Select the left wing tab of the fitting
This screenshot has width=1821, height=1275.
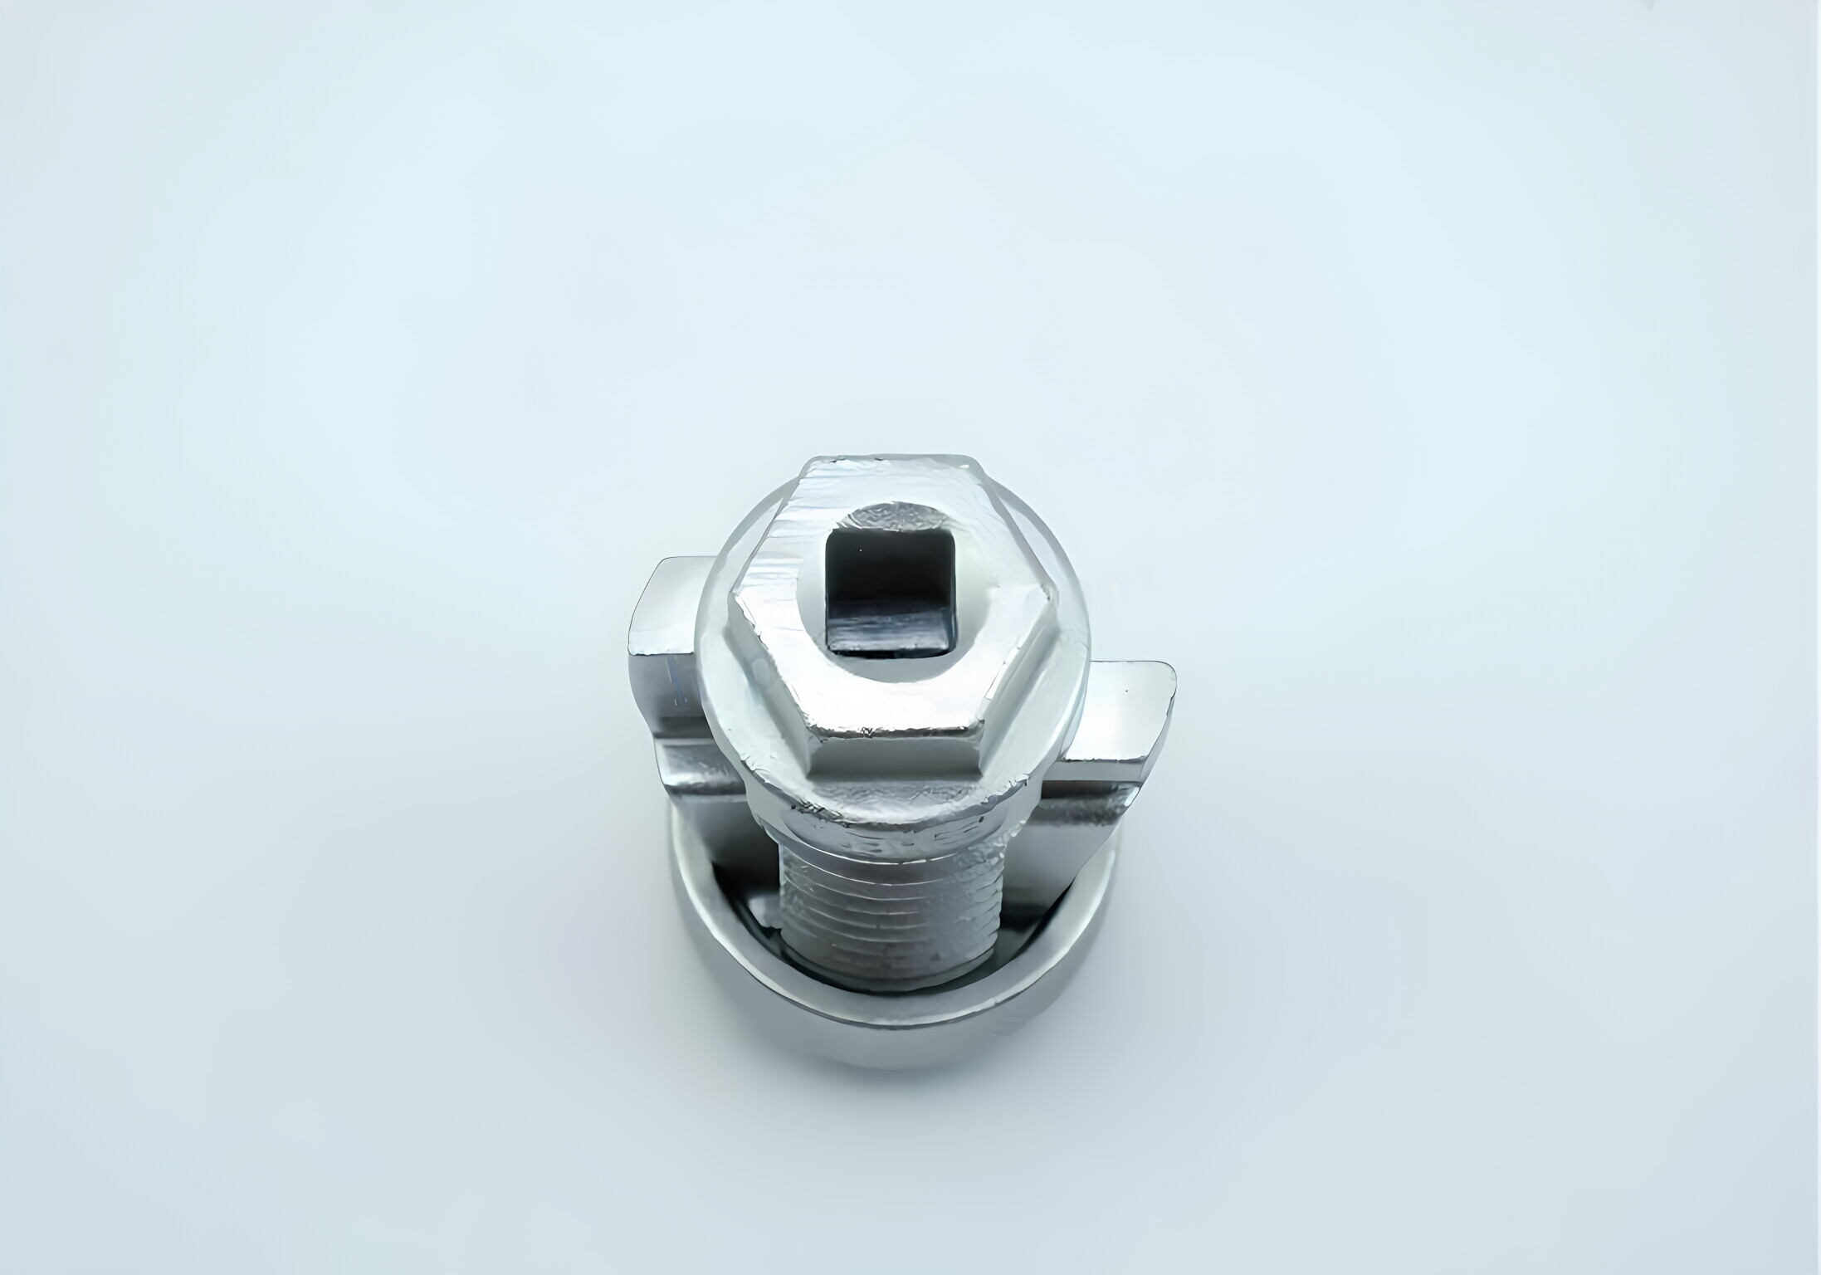(x=664, y=656)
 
